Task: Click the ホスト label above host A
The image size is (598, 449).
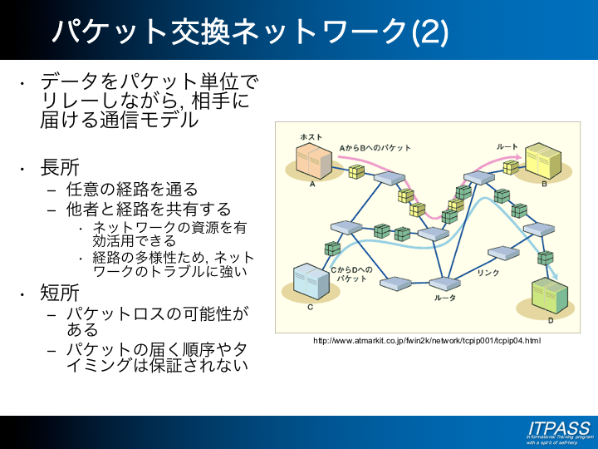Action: coord(311,137)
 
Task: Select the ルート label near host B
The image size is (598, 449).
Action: coord(507,146)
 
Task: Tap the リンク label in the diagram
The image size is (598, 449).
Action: coord(488,272)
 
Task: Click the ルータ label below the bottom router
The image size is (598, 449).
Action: coord(446,298)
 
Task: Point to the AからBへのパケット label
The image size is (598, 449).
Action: coord(375,147)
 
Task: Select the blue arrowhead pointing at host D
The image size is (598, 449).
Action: coord(553,278)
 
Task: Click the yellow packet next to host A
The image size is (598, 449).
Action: coord(356,171)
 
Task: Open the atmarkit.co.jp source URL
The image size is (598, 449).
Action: coord(426,341)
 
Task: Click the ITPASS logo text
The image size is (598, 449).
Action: coord(558,427)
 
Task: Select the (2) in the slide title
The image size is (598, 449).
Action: coord(429,31)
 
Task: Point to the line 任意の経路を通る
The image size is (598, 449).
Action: coord(133,190)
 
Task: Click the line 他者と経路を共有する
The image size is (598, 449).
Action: coord(149,208)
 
